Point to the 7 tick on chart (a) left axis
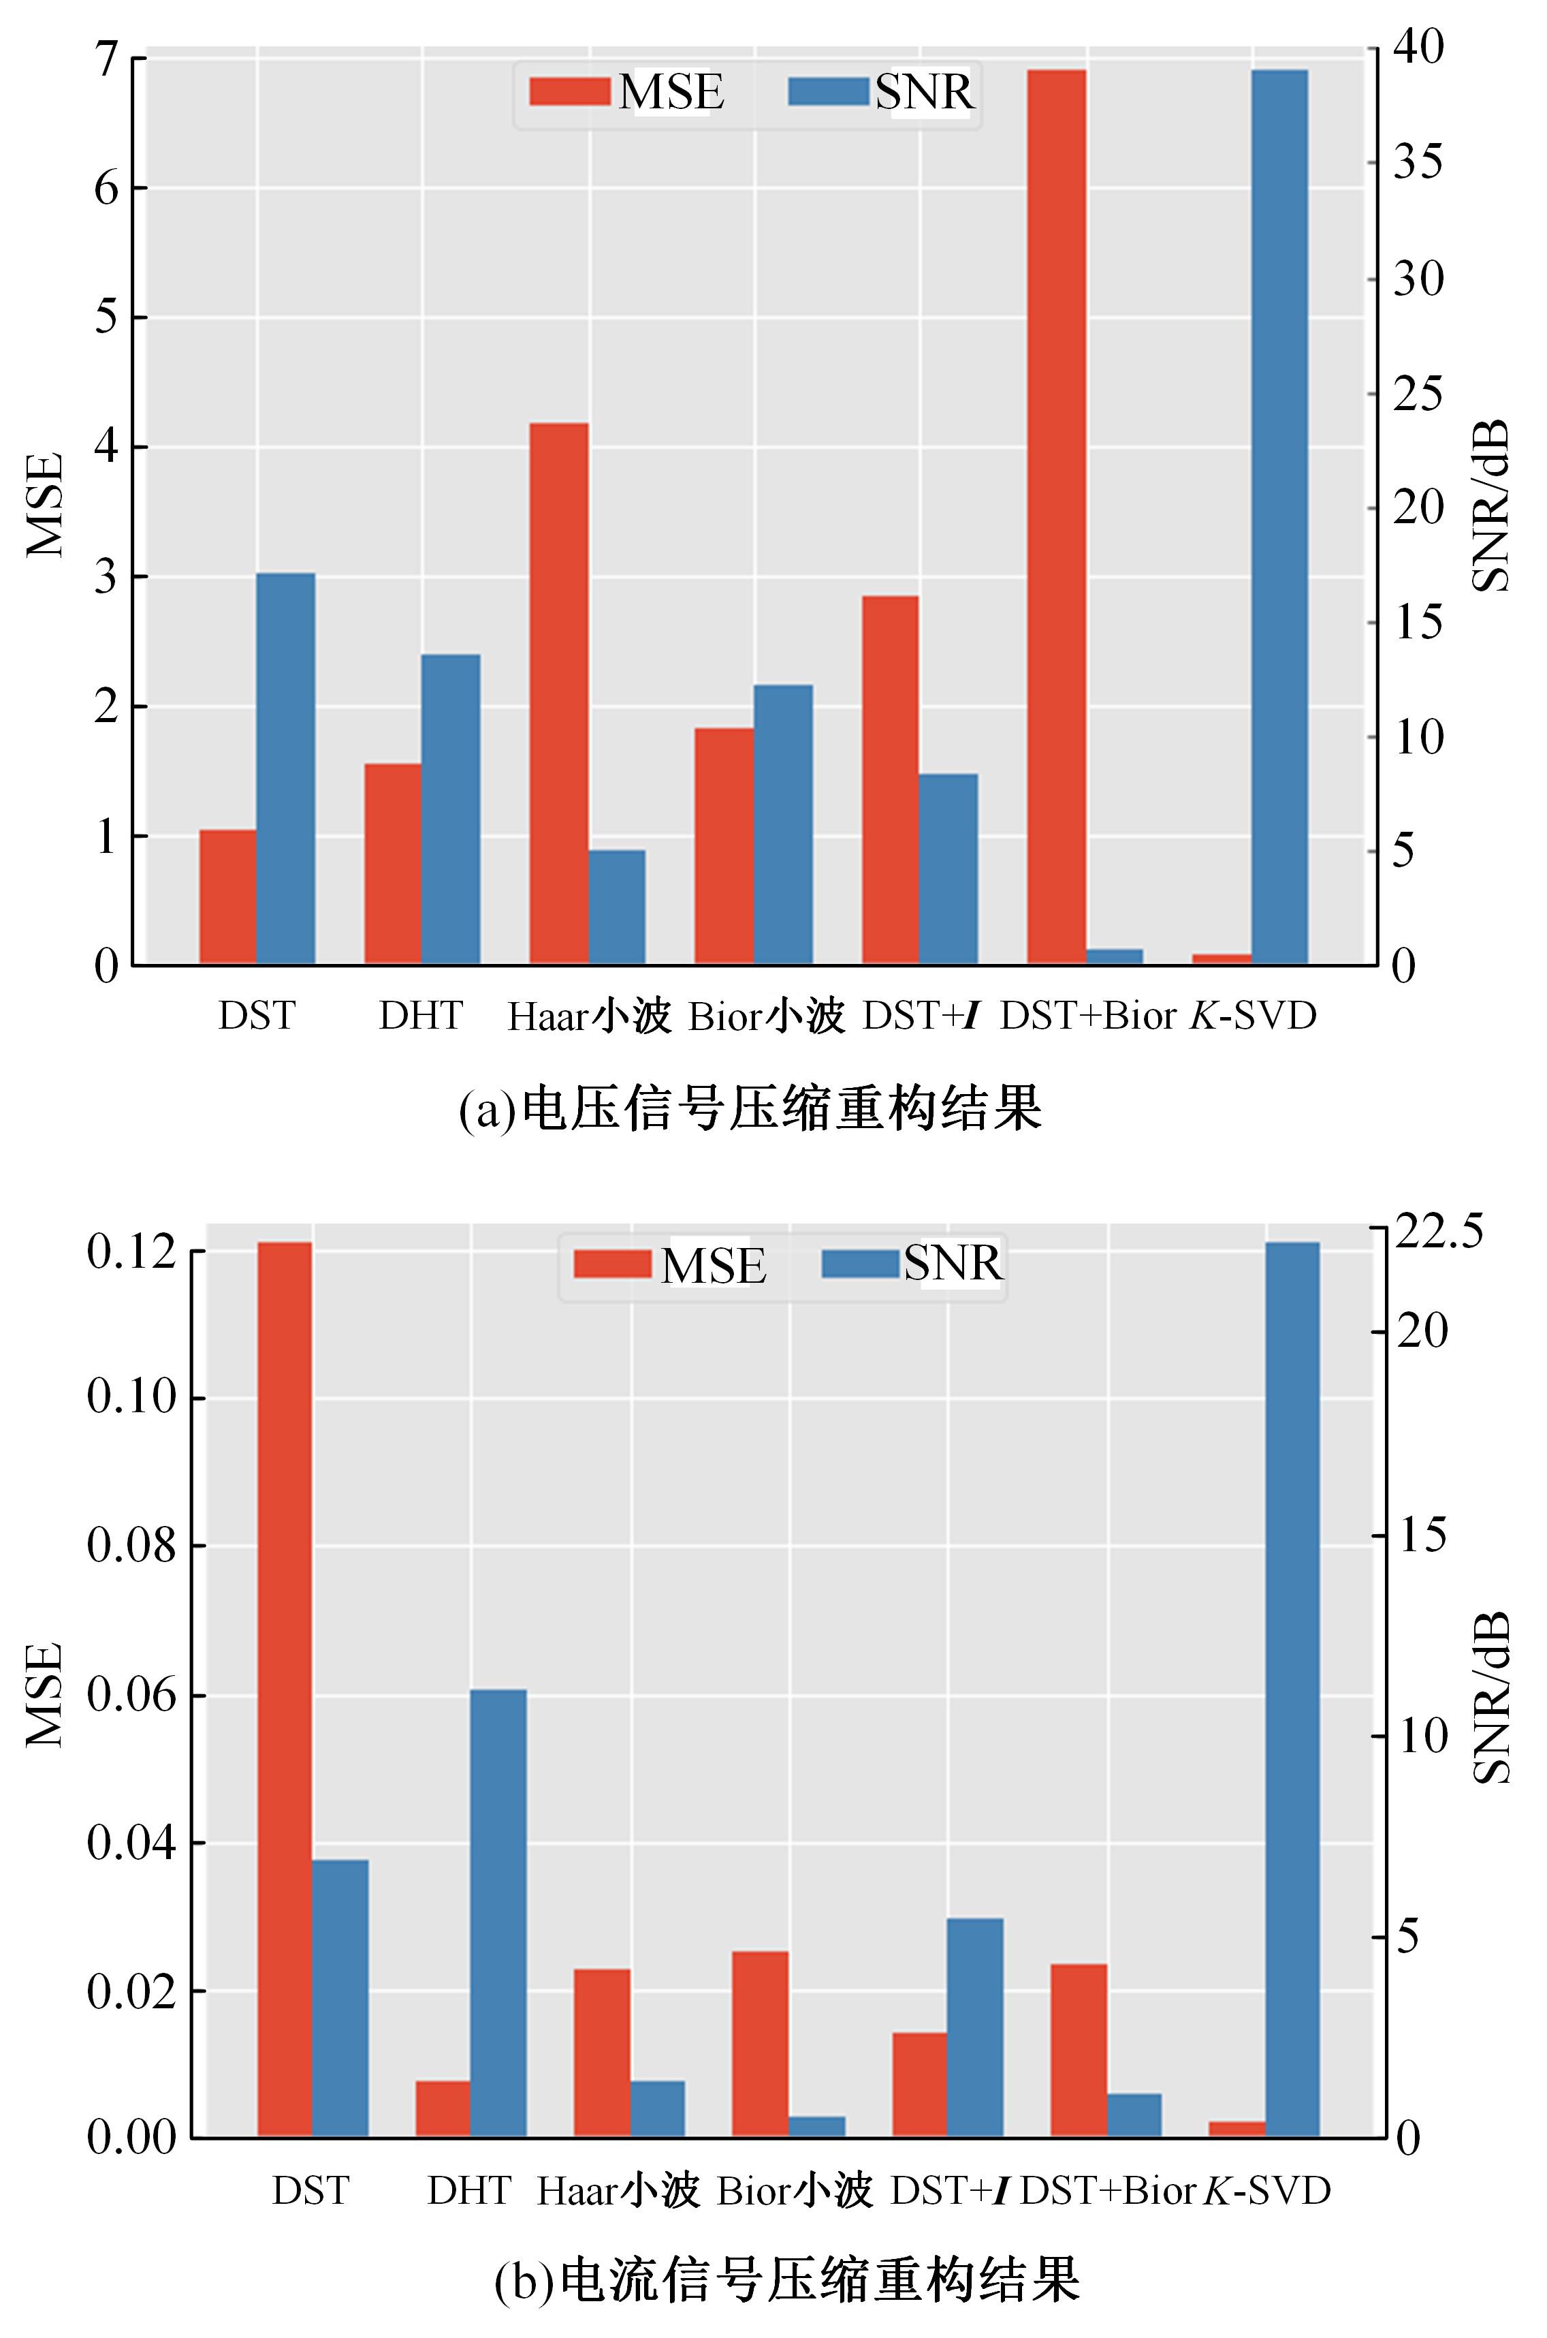(x=106, y=58)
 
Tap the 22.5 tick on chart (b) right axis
(x=1437, y=1232)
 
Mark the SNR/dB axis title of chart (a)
(x=1490, y=505)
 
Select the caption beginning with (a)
(x=750, y=1109)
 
